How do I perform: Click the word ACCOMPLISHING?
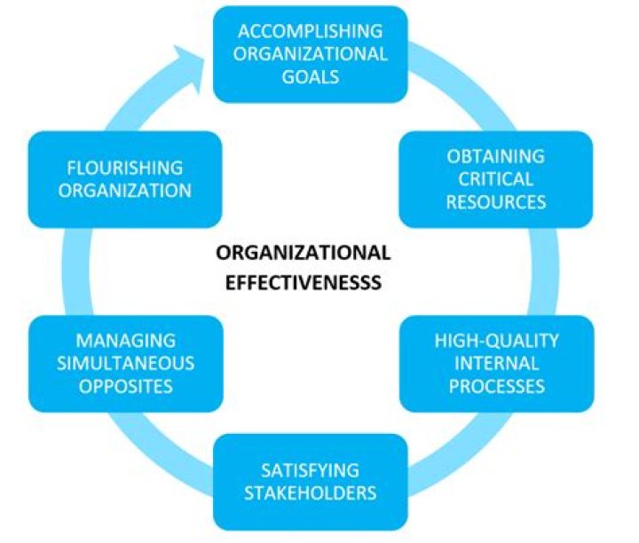(x=310, y=31)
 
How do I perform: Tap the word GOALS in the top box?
(x=310, y=76)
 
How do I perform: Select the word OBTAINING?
(x=495, y=156)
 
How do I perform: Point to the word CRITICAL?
(x=495, y=179)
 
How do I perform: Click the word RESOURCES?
(x=495, y=202)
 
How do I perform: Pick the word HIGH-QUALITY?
(x=496, y=341)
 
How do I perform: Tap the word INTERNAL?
(x=496, y=364)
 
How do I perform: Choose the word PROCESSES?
(x=496, y=386)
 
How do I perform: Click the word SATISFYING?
(x=310, y=470)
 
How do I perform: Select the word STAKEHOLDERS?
(x=310, y=493)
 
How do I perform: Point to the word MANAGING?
(x=125, y=341)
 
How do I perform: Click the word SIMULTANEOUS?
(x=125, y=364)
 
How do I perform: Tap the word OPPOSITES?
(x=125, y=386)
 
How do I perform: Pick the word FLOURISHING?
(x=125, y=168)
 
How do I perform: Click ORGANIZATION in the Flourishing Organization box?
(x=125, y=191)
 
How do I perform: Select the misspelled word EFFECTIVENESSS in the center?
(x=304, y=283)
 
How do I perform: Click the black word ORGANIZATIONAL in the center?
(x=304, y=253)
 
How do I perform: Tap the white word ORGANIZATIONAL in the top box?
(x=310, y=54)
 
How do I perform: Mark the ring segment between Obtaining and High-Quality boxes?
(x=545, y=271)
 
